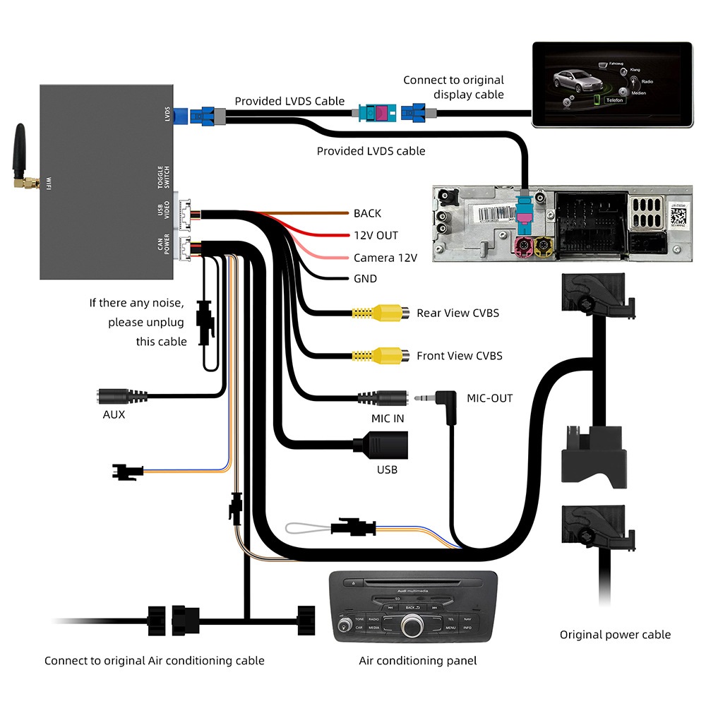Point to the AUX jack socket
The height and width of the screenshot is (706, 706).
[x=116, y=396]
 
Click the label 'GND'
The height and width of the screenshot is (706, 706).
[x=365, y=279]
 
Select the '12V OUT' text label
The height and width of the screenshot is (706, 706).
[x=376, y=235]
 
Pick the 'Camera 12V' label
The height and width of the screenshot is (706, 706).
[x=385, y=258]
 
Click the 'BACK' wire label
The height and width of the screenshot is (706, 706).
[x=367, y=213]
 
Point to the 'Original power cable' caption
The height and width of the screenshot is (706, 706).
[x=615, y=635]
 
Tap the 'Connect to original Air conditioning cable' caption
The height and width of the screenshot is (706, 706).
[x=154, y=661]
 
